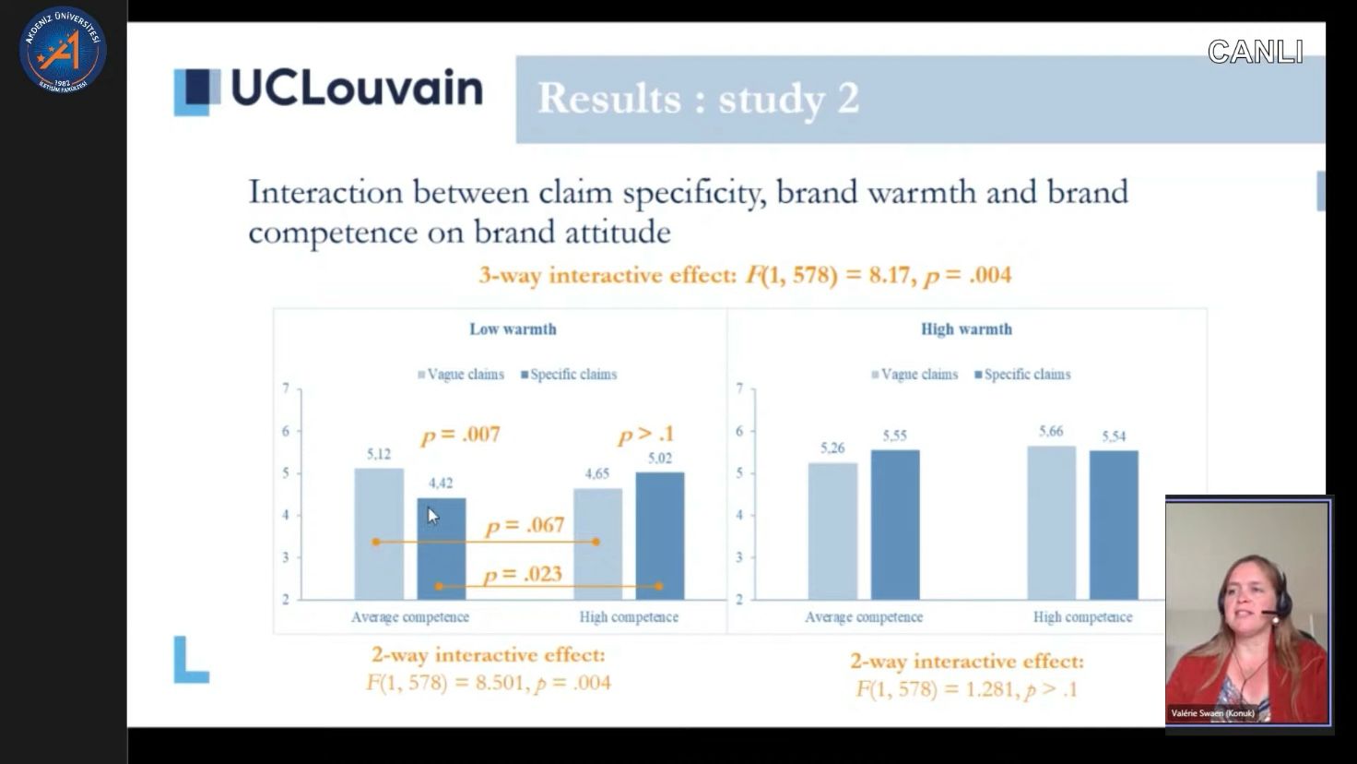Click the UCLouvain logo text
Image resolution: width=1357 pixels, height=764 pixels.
[x=356, y=89]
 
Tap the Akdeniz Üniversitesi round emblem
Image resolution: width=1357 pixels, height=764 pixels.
[x=63, y=50]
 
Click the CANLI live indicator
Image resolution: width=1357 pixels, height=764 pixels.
[x=1255, y=52]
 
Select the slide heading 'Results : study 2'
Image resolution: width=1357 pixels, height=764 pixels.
[x=698, y=99]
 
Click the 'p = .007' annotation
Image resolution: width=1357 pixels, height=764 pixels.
[x=460, y=435]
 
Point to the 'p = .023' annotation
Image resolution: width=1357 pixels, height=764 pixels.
[x=523, y=574]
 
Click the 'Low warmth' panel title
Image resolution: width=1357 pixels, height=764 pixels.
[x=513, y=329]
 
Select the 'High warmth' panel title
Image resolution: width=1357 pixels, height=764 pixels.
[x=966, y=329]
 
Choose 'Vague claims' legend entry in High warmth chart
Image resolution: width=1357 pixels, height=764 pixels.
[x=914, y=375]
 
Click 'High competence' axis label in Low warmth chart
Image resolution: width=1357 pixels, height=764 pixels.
[x=629, y=617]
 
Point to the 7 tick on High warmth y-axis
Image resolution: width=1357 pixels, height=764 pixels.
[x=739, y=388]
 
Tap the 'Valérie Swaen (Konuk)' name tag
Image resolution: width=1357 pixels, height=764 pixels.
[x=1212, y=713]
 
